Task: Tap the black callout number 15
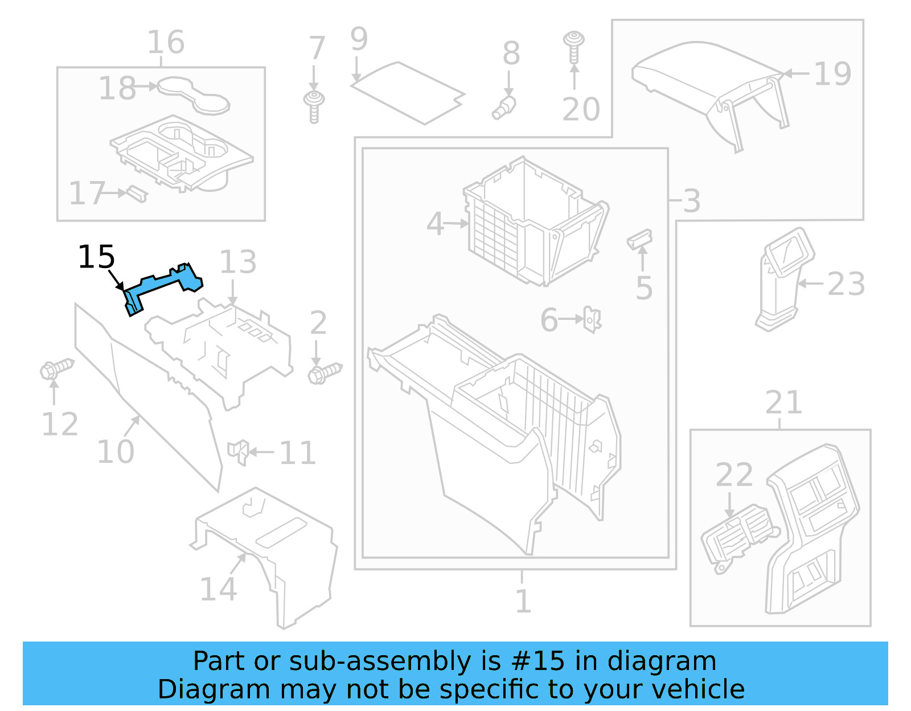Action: click(x=96, y=257)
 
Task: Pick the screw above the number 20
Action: click(x=574, y=46)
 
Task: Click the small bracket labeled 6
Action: click(x=592, y=320)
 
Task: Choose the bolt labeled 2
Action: click(x=325, y=373)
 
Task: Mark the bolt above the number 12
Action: click(x=56, y=369)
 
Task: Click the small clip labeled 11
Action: click(x=239, y=451)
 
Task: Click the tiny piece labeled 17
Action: click(x=137, y=194)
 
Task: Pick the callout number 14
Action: click(x=218, y=589)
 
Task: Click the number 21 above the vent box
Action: click(x=783, y=403)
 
